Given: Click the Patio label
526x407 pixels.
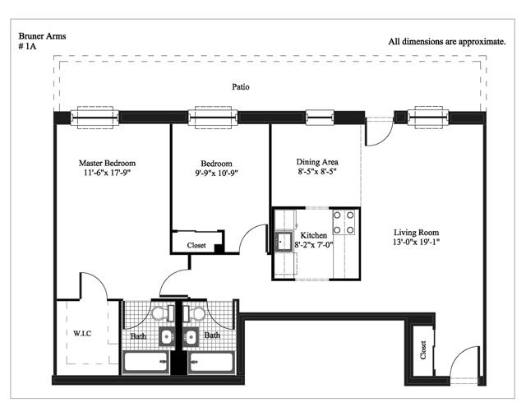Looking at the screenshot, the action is [x=241, y=87].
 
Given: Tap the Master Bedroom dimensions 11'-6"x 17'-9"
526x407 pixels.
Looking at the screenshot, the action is [x=107, y=173].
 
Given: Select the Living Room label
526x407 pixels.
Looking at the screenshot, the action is [x=416, y=232].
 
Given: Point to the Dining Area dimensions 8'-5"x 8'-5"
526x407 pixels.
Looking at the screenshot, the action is [x=317, y=172].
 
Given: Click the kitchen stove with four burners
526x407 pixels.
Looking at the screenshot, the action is [x=344, y=222].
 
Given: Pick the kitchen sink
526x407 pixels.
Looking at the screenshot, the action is [x=284, y=241].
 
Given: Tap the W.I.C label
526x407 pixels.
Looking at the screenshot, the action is [x=82, y=333].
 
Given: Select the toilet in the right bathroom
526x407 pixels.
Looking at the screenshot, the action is [x=194, y=313].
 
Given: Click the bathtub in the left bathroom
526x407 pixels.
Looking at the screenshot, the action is [x=146, y=362].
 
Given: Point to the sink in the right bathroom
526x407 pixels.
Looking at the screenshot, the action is [x=191, y=337].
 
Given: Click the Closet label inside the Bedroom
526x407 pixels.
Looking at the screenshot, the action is [x=196, y=245].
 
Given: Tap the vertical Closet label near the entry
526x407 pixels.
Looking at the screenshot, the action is [x=423, y=350].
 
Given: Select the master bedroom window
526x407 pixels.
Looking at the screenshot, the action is [x=95, y=118].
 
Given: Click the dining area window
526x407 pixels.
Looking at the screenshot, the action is [x=320, y=118].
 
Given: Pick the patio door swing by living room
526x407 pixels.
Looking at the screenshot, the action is [x=379, y=132].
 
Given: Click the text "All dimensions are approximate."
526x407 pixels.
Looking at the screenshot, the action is [x=447, y=42].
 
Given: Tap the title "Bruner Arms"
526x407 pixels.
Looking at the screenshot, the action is [x=42, y=36].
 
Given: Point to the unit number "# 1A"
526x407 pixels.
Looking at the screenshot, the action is [x=27, y=46].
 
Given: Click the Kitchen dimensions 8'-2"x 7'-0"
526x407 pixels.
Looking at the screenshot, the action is [x=314, y=244].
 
